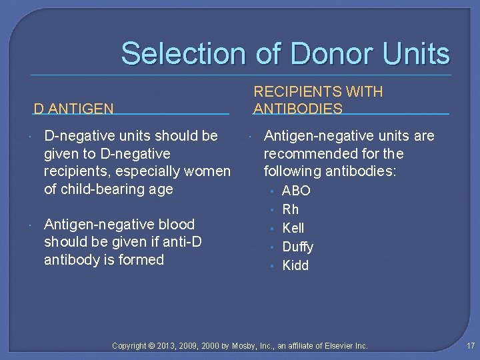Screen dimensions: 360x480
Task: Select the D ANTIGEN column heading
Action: (x=73, y=108)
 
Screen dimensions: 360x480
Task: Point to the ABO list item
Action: (x=296, y=191)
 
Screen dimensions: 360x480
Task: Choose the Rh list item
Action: (x=291, y=209)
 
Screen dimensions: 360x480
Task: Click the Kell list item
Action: (x=293, y=228)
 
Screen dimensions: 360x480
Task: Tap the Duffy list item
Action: (x=297, y=247)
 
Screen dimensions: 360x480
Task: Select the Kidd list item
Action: (x=295, y=265)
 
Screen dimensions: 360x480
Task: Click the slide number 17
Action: (x=471, y=346)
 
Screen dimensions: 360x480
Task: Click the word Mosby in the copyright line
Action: (x=244, y=346)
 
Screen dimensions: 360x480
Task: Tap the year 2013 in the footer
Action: (x=171, y=346)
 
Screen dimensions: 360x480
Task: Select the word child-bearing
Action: (x=98, y=189)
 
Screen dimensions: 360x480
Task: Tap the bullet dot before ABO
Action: (x=272, y=191)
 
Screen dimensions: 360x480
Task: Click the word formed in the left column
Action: (x=143, y=259)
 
